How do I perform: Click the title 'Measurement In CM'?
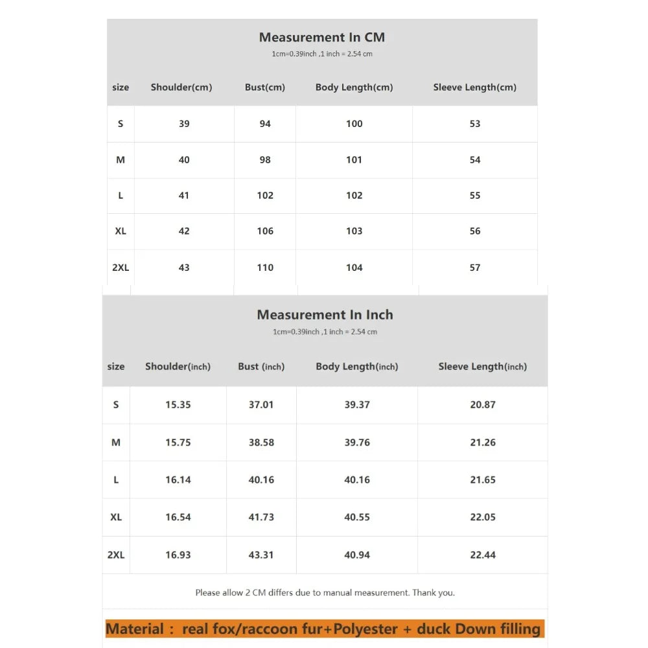pyautogui.click(x=321, y=38)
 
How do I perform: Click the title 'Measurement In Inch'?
pyautogui.click(x=325, y=315)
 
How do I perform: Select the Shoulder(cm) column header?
pyautogui.click(x=181, y=87)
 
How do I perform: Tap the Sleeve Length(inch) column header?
pyautogui.click(x=482, y=367)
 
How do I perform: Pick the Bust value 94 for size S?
pyautogui.click(x=265, y=124)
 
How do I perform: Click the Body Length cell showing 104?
pyautogui.click(x=354, y=268)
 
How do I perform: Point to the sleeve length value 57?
pyautogui.click(x=475, y=268)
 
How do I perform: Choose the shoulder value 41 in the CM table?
pyautogui.click(x=184, y=196)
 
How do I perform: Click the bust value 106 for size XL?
pyautogui.click(x=265, y=231)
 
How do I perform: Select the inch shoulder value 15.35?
pyautogui.click(x=178, y=405)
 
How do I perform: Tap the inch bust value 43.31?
pyautogui.click(x=261, y=555)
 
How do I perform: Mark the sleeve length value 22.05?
pyautogui.click(x=483, y=518)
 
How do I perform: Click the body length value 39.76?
pyautogui.click(x=357, y=443)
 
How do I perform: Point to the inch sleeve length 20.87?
pyautogui.click(x=483, y=405)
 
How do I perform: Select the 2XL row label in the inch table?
pyautogui.click(x=116, y=555)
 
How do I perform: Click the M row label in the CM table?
pyautogui.click(x=121, y=160)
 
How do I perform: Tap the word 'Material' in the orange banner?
pyautogui.click(x=135, y=629)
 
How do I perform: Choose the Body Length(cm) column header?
pyautogui.click(x=354, y=87)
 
